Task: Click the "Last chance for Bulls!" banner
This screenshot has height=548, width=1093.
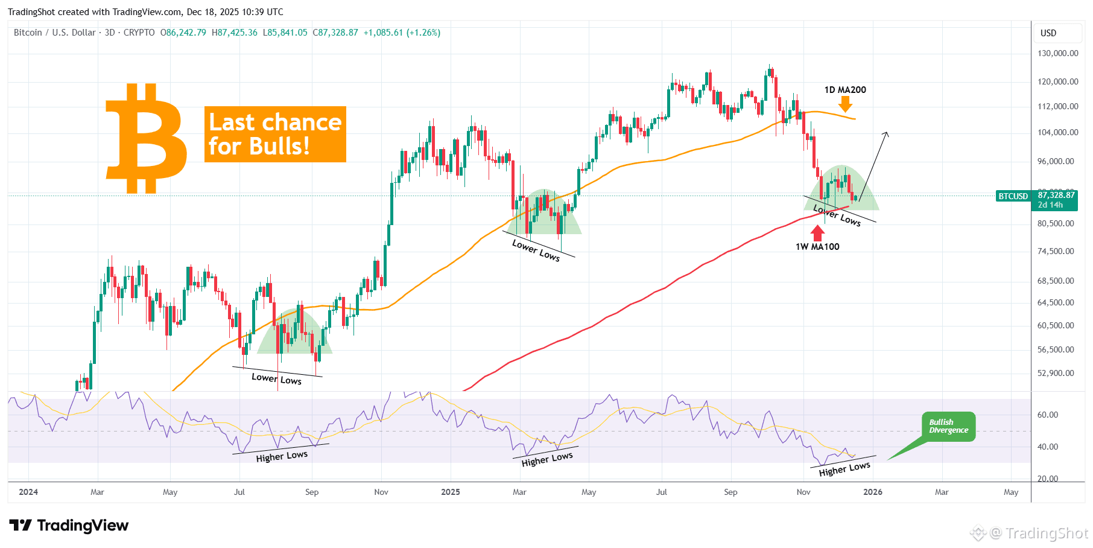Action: tap(275, 134)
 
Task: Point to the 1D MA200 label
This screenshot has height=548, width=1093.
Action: tap(845, 90)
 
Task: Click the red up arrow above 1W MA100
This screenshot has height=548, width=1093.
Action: tap(818, 232)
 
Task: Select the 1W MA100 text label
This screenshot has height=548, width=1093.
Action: tap(817, 247)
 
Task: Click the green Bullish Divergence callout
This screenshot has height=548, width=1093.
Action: tap(948, 426)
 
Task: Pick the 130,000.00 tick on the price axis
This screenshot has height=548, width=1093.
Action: tap(1057, 53)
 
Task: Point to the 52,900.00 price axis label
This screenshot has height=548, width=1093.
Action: tap(1056, 373)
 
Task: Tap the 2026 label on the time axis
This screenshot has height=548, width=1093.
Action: tap(872, 492)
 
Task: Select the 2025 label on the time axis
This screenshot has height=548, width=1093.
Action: tap(450, 492)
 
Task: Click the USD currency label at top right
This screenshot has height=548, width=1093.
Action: tap(1048, 33)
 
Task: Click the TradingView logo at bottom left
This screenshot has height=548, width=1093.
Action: tap(69, 526)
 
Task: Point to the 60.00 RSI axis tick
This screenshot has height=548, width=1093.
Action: tap(1048, 415)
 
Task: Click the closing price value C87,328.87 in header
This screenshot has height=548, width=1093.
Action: tap(335, 33)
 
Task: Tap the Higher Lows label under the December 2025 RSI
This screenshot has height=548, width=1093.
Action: tap(844, 469)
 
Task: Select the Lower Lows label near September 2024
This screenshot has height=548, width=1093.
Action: tap(276, 378)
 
